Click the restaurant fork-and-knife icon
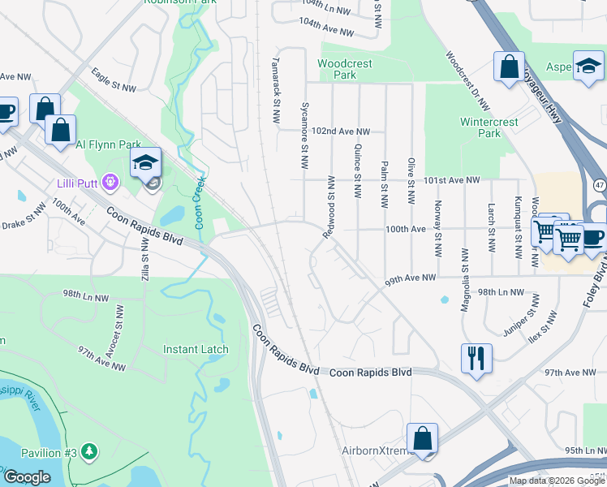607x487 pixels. tap(476, 357)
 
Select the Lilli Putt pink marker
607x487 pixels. tap(110, 184)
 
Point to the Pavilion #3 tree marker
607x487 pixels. tap(89, 451)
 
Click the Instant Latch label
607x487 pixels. tap(196, 350)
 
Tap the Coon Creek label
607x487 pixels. tap(197, 202)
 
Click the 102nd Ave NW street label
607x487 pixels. tap(341, 131)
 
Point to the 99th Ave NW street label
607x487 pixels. tap(411, 278)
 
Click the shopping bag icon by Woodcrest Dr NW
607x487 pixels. tap(509, 68)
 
